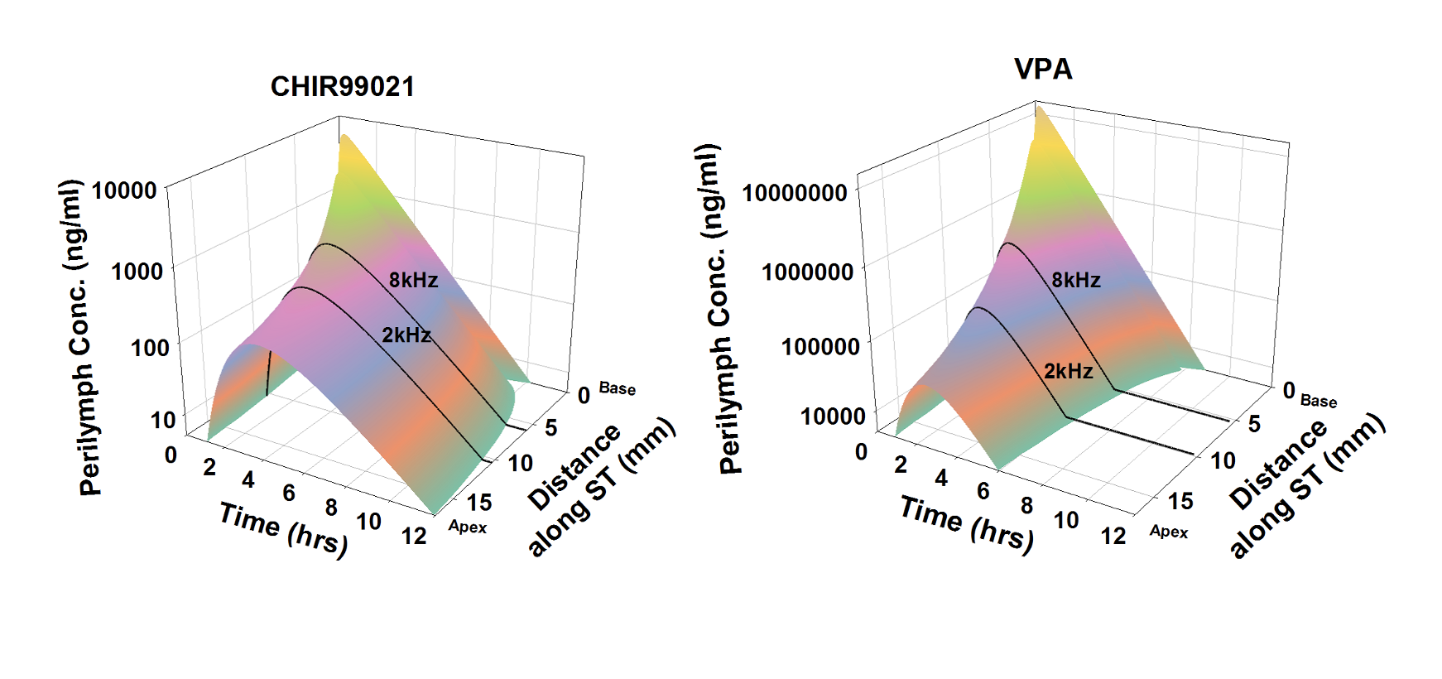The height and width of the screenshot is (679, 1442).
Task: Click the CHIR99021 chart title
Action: pyautogui.click(x=343, y=86)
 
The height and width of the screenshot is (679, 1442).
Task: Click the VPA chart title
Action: pyautogui.click(x=1043, y=69)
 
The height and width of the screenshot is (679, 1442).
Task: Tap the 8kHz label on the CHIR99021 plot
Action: pyautogui.click(x=413, y=280)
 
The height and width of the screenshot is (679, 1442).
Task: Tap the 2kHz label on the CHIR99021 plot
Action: pyautogui.click(x=406, y=335)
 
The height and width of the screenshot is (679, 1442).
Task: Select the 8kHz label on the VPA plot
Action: pyautogui.click(x=1075, y=280)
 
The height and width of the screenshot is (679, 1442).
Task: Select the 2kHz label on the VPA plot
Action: pyautogui.click(x=1068, y=370)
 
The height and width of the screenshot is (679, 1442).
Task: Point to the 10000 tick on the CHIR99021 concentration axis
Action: pyautogui.click(x=124, y=190)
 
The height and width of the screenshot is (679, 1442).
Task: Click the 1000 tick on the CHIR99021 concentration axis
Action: pyautogui.click(x=137, y=271)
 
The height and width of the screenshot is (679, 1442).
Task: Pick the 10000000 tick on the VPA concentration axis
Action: pyautogui.click(x=795, y=193)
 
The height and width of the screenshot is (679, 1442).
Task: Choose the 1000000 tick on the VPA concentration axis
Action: pyautogui.click(x=807, y=272)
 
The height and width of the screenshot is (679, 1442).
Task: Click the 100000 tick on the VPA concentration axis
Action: pyautogui.click(x=820, y=346)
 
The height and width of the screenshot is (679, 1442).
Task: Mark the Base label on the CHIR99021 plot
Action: pyautogui.click(x=617, y=388)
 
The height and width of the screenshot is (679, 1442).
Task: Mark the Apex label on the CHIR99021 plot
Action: pyautogui.click(x=468, y=527)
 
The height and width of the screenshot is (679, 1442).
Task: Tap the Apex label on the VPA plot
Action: pyautogui.click(x=1169, y=531)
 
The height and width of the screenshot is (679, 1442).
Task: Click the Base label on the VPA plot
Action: pyautogui.click(x=1318, y=401)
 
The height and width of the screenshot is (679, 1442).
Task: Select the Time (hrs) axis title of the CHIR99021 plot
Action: pyautogui.click(x=283, y=529)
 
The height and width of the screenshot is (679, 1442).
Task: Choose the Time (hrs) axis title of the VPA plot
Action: pyautogui.click(x=967, y=523)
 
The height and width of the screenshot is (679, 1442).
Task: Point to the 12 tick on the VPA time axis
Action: pyautogui.click(x=1113, y=536)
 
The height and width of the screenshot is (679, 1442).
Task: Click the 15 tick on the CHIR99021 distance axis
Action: pyautogui.click(x=478, y=502)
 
